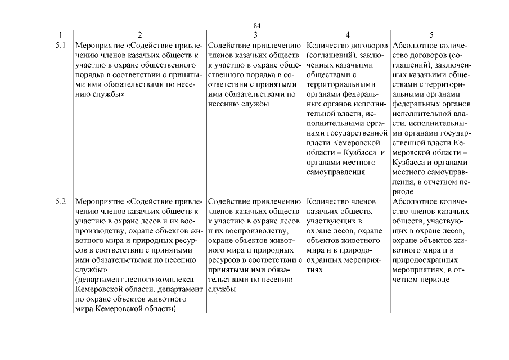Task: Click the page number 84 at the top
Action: click(x=256, y=26)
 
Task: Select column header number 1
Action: click(x=60, y=34)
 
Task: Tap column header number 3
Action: click(x=255, y=34)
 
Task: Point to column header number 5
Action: click(x=431, y=34)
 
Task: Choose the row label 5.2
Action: click(x=61, y=200)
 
